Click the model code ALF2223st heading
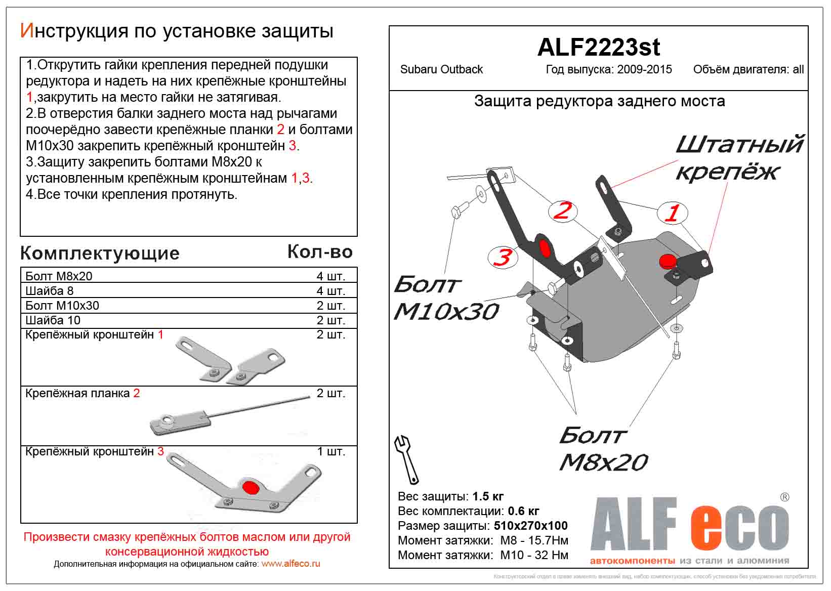598,48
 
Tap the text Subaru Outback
441,70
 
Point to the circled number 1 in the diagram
672,213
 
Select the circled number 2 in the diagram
562,210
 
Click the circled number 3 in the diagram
502,257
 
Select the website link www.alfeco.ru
290,564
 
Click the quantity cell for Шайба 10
330,320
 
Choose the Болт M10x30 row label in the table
62,306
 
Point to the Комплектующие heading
100,253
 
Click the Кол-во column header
320,251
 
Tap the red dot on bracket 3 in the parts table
250,487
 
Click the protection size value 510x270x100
530,526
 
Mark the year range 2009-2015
644,70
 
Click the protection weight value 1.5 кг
488,496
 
